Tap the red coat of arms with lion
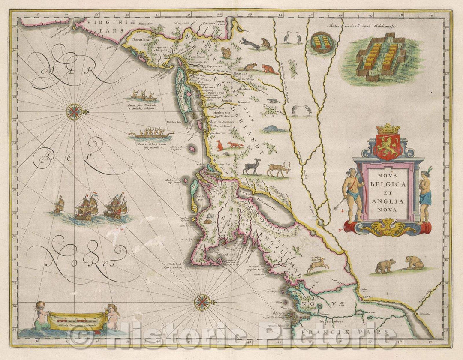tap(388, 147)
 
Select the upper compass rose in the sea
tap(75, 112)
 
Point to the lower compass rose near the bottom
tap(202, 303)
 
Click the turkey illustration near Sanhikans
tap(226, 53)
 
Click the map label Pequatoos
tap(222, 127)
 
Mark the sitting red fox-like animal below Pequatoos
tap(219, 145)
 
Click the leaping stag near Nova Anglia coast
tap(318, 264)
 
